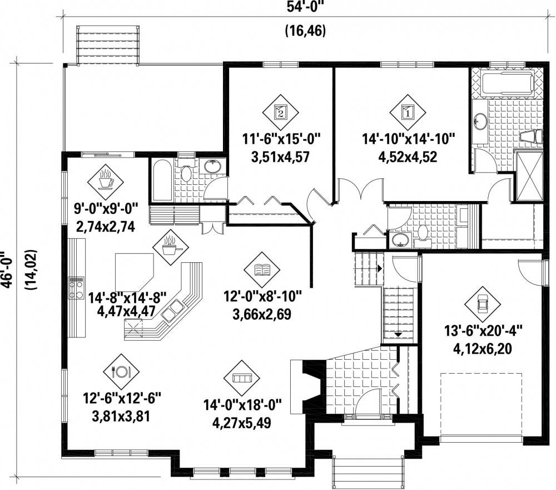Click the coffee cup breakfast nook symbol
[x=105, y=182]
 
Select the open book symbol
[x=262, y=270]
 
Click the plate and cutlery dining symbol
[x=121, y=371]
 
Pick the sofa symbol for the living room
[x=241, y=378]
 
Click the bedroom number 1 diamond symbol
[x=408, y=112]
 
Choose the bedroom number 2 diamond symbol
[x=280, y=112]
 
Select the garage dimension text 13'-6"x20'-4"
[x=483, y=332]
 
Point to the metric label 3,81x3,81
[x=121, y=416]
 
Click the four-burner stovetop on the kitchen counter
[x=76, y=288]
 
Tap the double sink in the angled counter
[x=172, y=310]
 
